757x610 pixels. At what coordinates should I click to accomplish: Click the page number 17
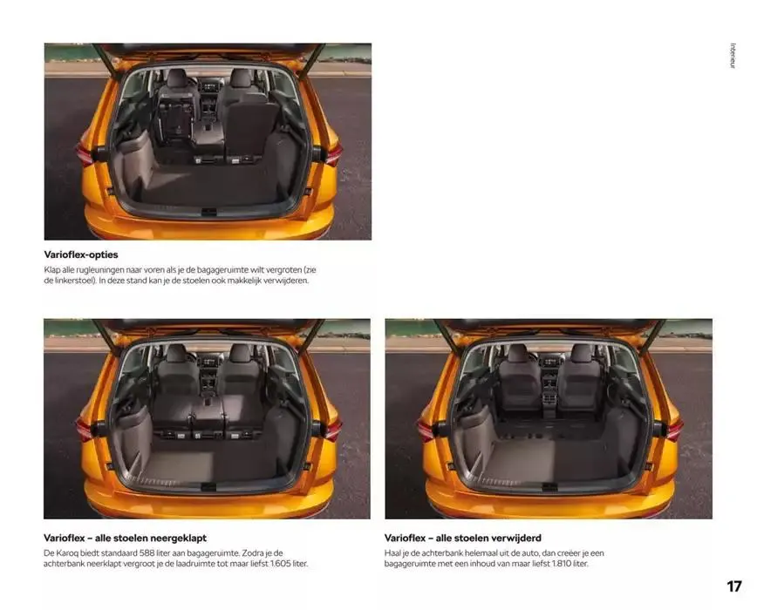[733, 586]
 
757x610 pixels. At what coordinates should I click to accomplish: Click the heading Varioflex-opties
[81, 254]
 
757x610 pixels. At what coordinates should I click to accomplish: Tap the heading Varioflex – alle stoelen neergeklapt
[125, 538]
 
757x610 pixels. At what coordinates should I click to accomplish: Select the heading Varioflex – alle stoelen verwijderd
[462, 538]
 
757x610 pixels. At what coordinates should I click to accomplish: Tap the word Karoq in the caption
[69, 553]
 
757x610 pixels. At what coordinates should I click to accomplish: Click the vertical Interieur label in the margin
[733, 56]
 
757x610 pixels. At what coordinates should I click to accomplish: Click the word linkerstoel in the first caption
[74, 281]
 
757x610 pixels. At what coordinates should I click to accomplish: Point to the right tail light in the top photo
[332, 155]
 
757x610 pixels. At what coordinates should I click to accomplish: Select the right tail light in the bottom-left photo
[332, 430]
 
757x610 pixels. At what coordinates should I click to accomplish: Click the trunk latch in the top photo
[208, 212]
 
